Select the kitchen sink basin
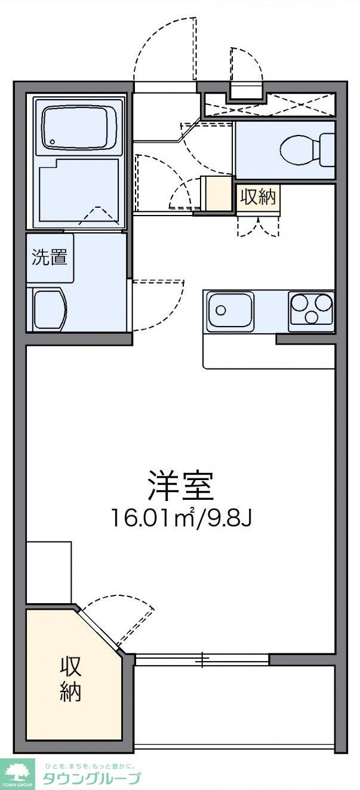point(230,311)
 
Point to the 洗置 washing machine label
point(50,257)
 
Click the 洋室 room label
point(180,485)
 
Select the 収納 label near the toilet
point(259,197)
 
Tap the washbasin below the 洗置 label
point(50,309)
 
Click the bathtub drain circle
point(53,142)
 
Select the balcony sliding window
point(202,660)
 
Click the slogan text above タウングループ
point(90,766)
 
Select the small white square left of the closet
point(49,572)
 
